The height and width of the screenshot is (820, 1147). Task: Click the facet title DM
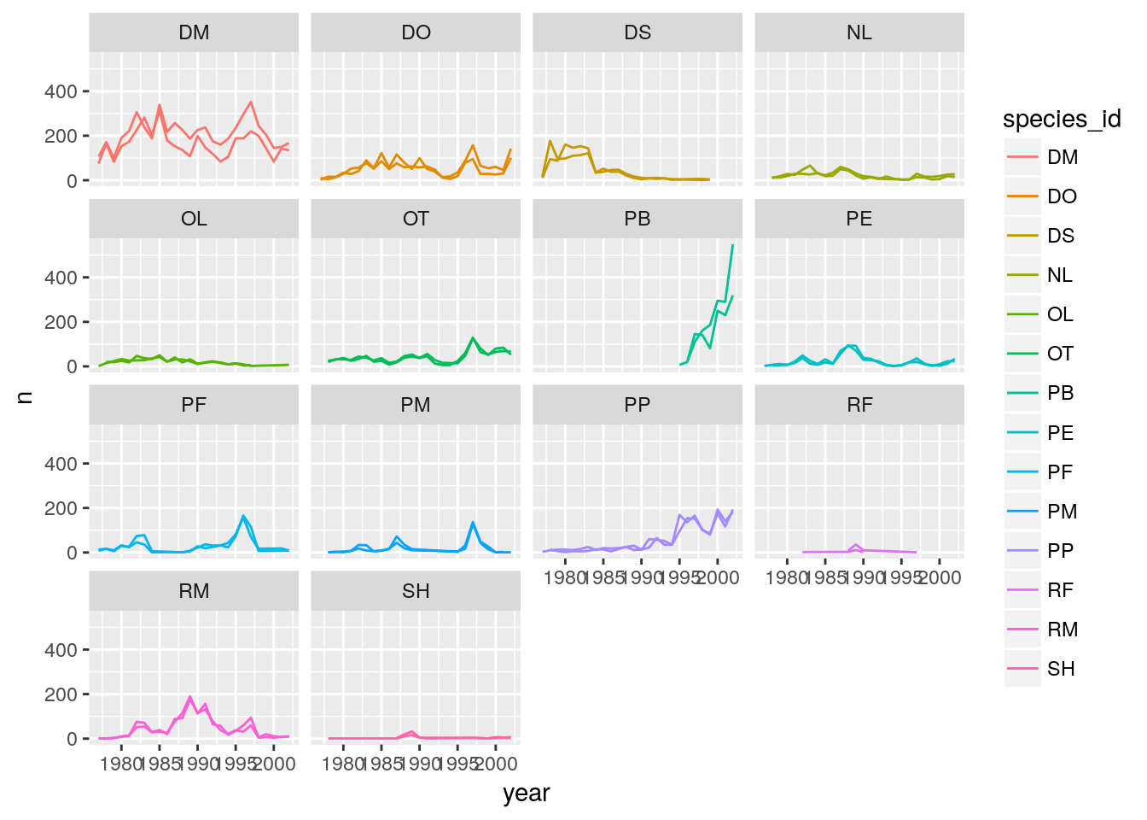click(x=194, y=32)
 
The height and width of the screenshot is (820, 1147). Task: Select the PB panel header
click(x=638, y=219)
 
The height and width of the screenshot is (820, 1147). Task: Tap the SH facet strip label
click(x=416, y=591)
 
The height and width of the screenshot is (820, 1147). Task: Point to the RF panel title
click(x=859, y=405)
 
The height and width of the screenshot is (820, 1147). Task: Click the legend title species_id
click(x=1062, y=120)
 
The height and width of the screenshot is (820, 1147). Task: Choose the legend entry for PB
click(x=1061, y=393)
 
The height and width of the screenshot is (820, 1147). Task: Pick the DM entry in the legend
click(x=1063, y=157)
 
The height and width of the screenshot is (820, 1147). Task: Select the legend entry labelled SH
click(x=1061, y=669)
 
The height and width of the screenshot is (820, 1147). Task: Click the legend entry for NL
click(x=1060, y=275)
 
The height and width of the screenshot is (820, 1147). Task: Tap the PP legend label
click(x=1061, y=551)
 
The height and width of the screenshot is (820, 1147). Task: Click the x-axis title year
click(x=527, y=794)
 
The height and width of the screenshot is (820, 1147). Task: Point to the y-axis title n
click(x=25, y=396)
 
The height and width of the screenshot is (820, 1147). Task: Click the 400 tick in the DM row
click(x=61, y=91)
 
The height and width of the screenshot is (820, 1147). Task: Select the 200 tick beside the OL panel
click(x=61, y=322)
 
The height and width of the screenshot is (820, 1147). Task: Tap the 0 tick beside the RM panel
click(x=72, y=739)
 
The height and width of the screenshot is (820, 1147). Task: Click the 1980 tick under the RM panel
click(x=121, y=764)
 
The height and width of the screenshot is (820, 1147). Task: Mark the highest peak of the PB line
click(x=732, y=245)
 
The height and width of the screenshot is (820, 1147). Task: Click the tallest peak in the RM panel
click(x=189, y=696)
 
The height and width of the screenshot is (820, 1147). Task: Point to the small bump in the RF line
click(x=855, y=544)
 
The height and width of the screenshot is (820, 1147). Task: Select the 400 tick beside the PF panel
click(x=61, y=464)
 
